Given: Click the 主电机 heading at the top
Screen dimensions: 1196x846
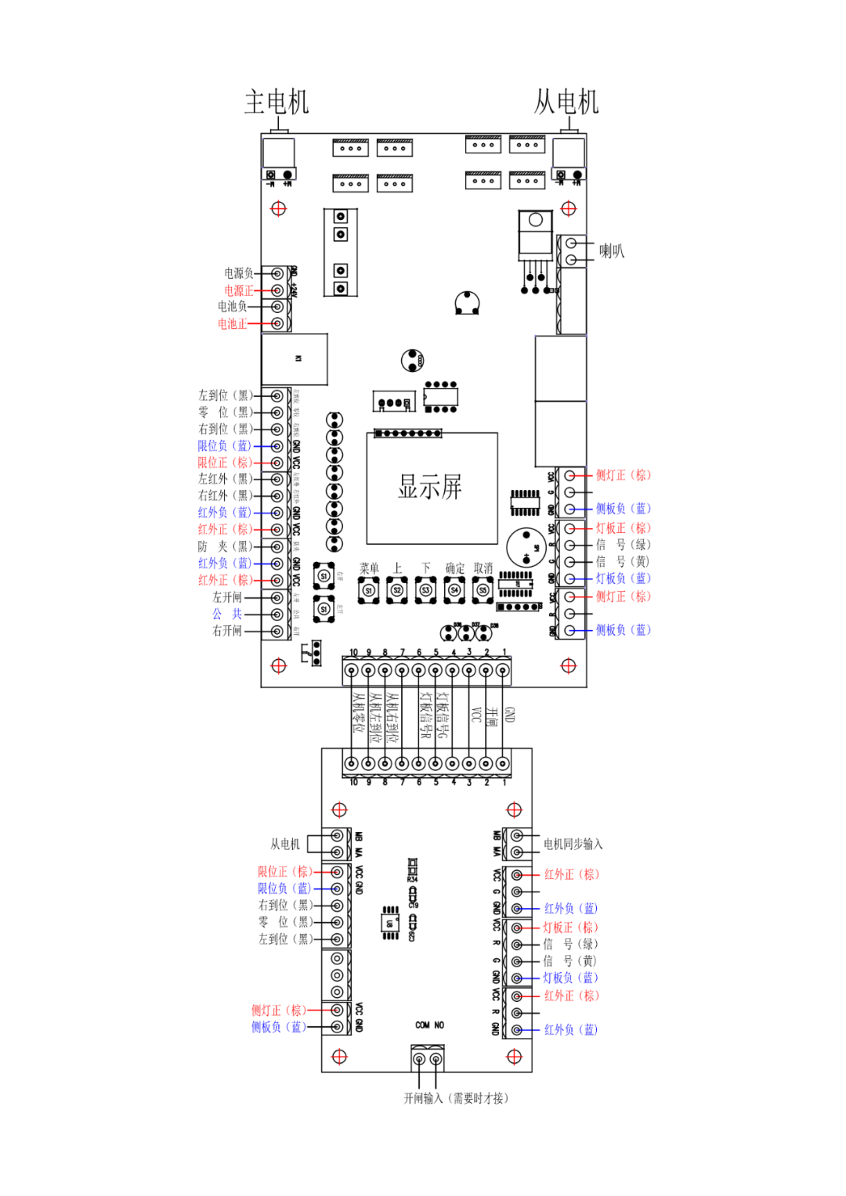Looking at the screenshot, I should [x=277, y=102].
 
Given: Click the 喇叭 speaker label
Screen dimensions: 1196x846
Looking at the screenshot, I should [x=611, y=251].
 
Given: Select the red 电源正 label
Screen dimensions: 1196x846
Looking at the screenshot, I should [x=238, y=290].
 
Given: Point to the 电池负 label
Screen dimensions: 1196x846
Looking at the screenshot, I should [x=232, y=307].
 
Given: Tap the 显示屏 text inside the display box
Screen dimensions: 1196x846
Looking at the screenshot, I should [x=430, y=487].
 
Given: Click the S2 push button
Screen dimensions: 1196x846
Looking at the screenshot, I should [x=397, y=590].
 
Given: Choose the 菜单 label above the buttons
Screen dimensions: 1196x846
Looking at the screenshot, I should [x=369, y=568].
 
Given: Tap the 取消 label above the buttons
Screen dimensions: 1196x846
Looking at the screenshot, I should [x=483, y=568].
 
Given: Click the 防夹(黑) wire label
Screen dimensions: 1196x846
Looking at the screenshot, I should [x=225, y=546].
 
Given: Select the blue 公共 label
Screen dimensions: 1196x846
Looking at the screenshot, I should [x=226, y=614].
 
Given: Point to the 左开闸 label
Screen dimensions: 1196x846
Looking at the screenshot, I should [x=227, y=597].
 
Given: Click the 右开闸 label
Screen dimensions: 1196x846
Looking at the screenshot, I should [x=227, y=631].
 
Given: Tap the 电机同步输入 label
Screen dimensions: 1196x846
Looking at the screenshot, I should [x=573, y=844].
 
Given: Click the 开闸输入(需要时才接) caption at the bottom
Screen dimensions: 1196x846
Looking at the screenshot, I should [x=456, y=1098].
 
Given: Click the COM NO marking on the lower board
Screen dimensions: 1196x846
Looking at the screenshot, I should [x=429, y=1025].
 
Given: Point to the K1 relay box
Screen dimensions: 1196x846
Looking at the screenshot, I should [x=295, y=359].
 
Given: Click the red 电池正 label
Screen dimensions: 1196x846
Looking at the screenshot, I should [x=232, y=324].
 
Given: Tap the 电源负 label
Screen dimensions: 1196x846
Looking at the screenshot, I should [x=238, y=273].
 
